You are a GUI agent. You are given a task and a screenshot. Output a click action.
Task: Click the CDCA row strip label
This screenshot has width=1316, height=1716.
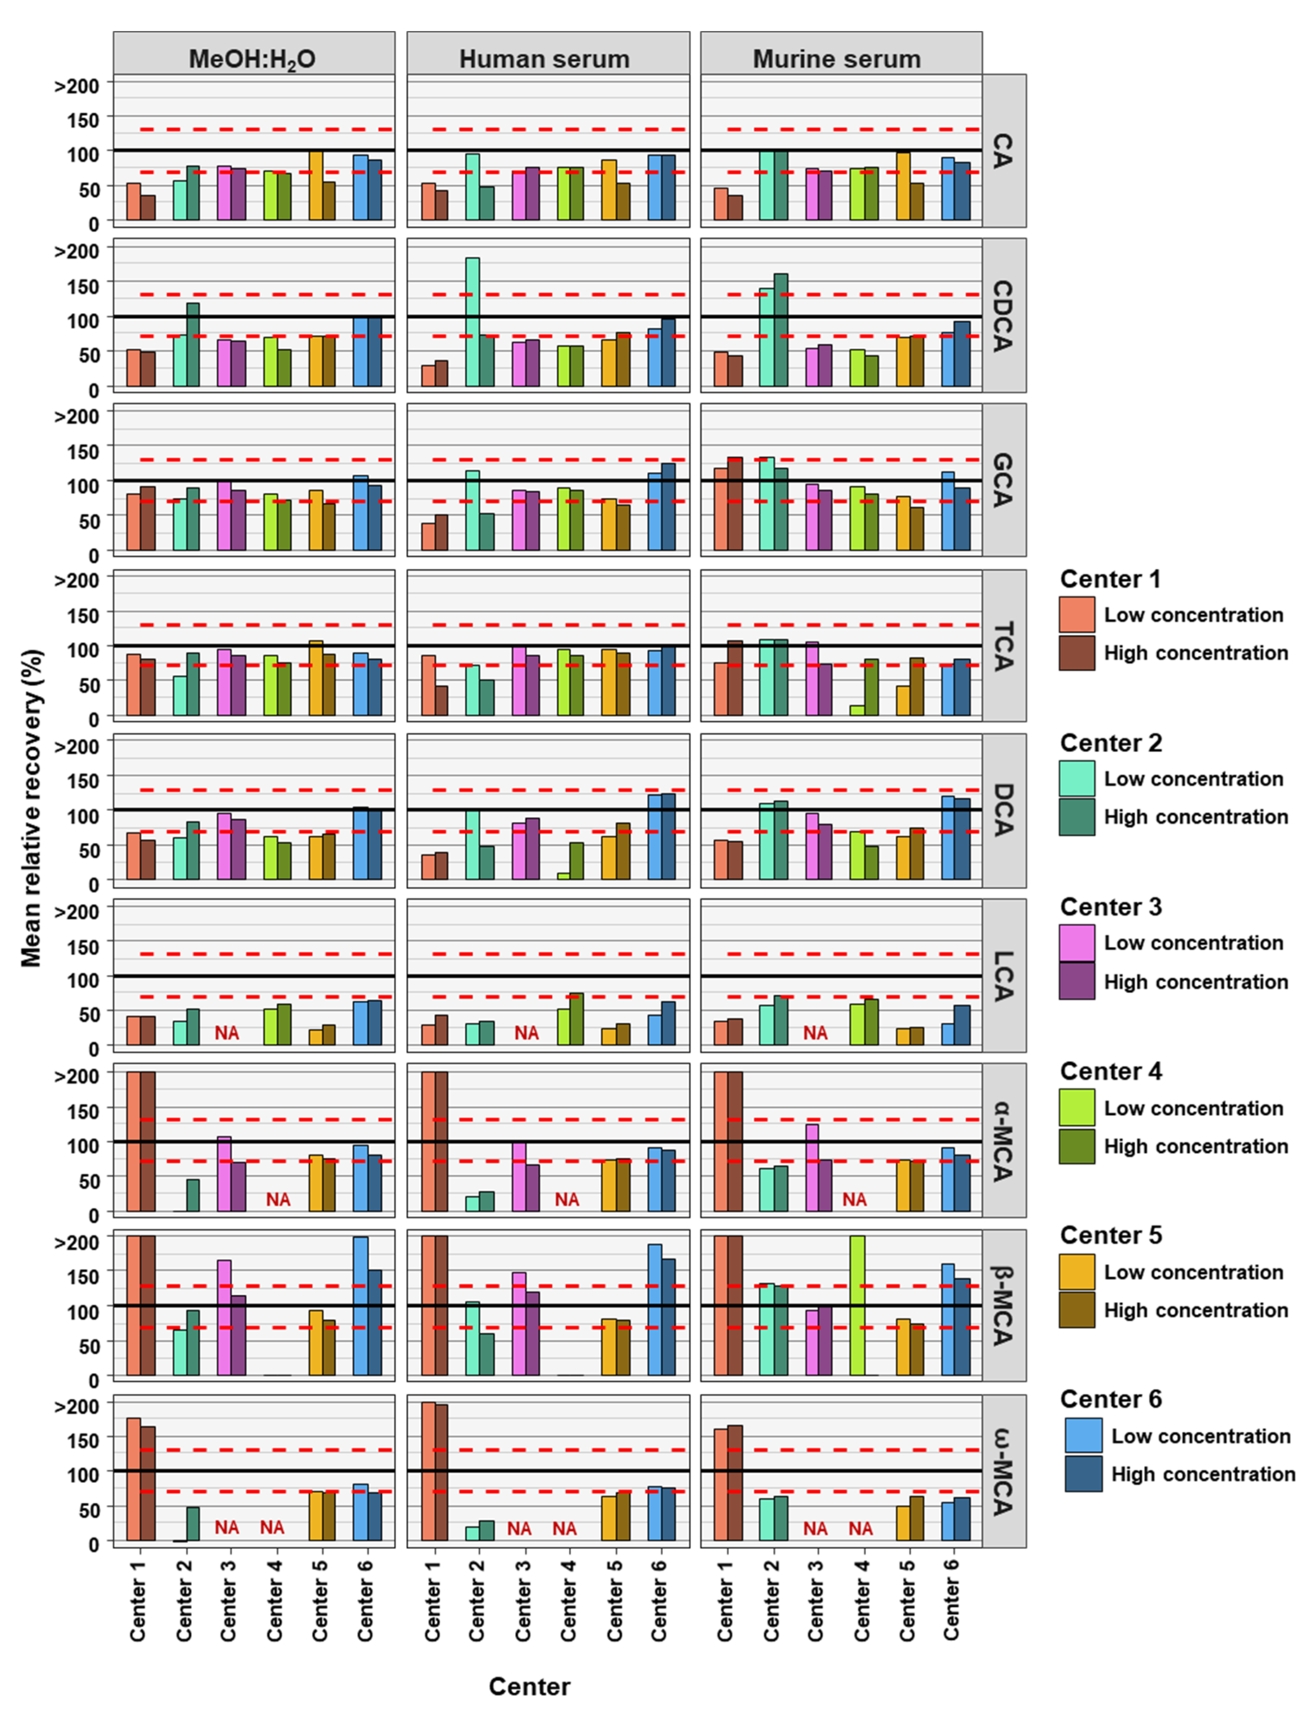coord(1004,316)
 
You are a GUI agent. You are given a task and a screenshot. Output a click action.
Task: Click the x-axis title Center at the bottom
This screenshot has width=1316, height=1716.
coord(530,1686)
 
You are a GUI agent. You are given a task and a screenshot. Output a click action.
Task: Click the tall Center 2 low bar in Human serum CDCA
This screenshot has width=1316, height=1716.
coord(472,322)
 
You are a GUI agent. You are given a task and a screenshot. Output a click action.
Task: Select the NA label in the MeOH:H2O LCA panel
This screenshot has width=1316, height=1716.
coord(227,1033)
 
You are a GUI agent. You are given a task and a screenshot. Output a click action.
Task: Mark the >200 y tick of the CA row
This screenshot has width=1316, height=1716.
coord(77,85)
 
